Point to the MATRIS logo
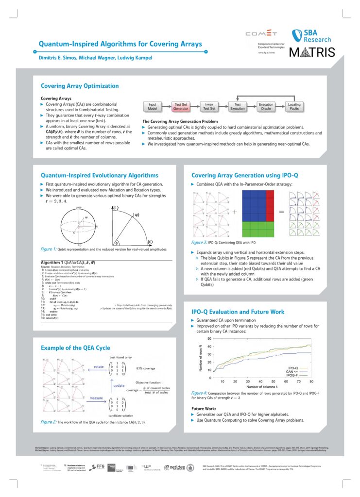[312, 52]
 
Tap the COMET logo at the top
[261, 33]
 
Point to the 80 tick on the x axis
[311, 382]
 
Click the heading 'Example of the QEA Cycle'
[75, 348]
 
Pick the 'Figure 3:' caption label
[202, 242]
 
